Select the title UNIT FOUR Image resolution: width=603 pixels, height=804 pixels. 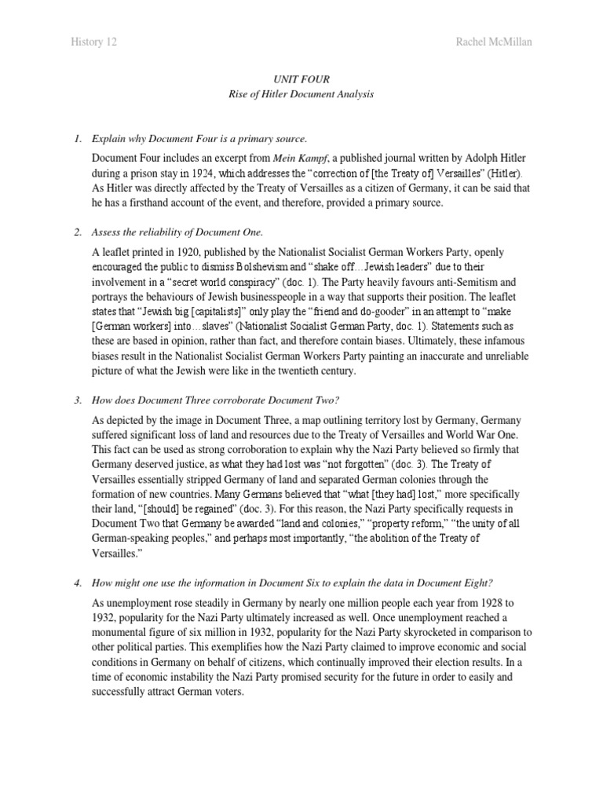(301, 79)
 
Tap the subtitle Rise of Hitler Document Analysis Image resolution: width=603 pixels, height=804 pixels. (301, 94)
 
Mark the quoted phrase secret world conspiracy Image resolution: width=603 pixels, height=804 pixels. (243, 281)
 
